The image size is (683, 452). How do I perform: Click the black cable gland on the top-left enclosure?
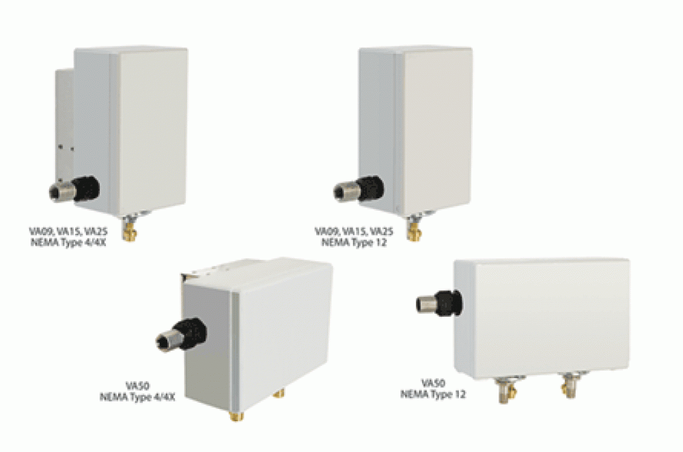coord(86,189)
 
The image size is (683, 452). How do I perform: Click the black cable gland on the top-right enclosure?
coord(371,189)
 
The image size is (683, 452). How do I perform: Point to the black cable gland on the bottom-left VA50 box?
coord(192,334)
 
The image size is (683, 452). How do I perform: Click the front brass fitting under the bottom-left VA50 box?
coord(236,416)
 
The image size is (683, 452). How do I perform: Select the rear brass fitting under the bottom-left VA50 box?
coord(279,394)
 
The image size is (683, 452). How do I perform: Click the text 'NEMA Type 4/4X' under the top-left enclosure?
coord(68,242)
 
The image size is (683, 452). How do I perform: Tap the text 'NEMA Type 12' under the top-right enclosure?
coord(354,242)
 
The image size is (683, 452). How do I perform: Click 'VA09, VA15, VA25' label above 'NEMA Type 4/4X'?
coord(68,231)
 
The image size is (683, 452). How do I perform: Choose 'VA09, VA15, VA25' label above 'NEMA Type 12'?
coord(354,231)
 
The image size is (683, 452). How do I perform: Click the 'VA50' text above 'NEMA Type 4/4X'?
coord(138,386)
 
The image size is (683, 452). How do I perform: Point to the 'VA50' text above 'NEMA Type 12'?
coord(434,383)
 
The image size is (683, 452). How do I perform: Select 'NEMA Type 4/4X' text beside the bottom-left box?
coord(138,397)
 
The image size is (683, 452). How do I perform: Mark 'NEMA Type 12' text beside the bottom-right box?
coord(433,395)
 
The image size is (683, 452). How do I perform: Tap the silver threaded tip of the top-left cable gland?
coord(61,191)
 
